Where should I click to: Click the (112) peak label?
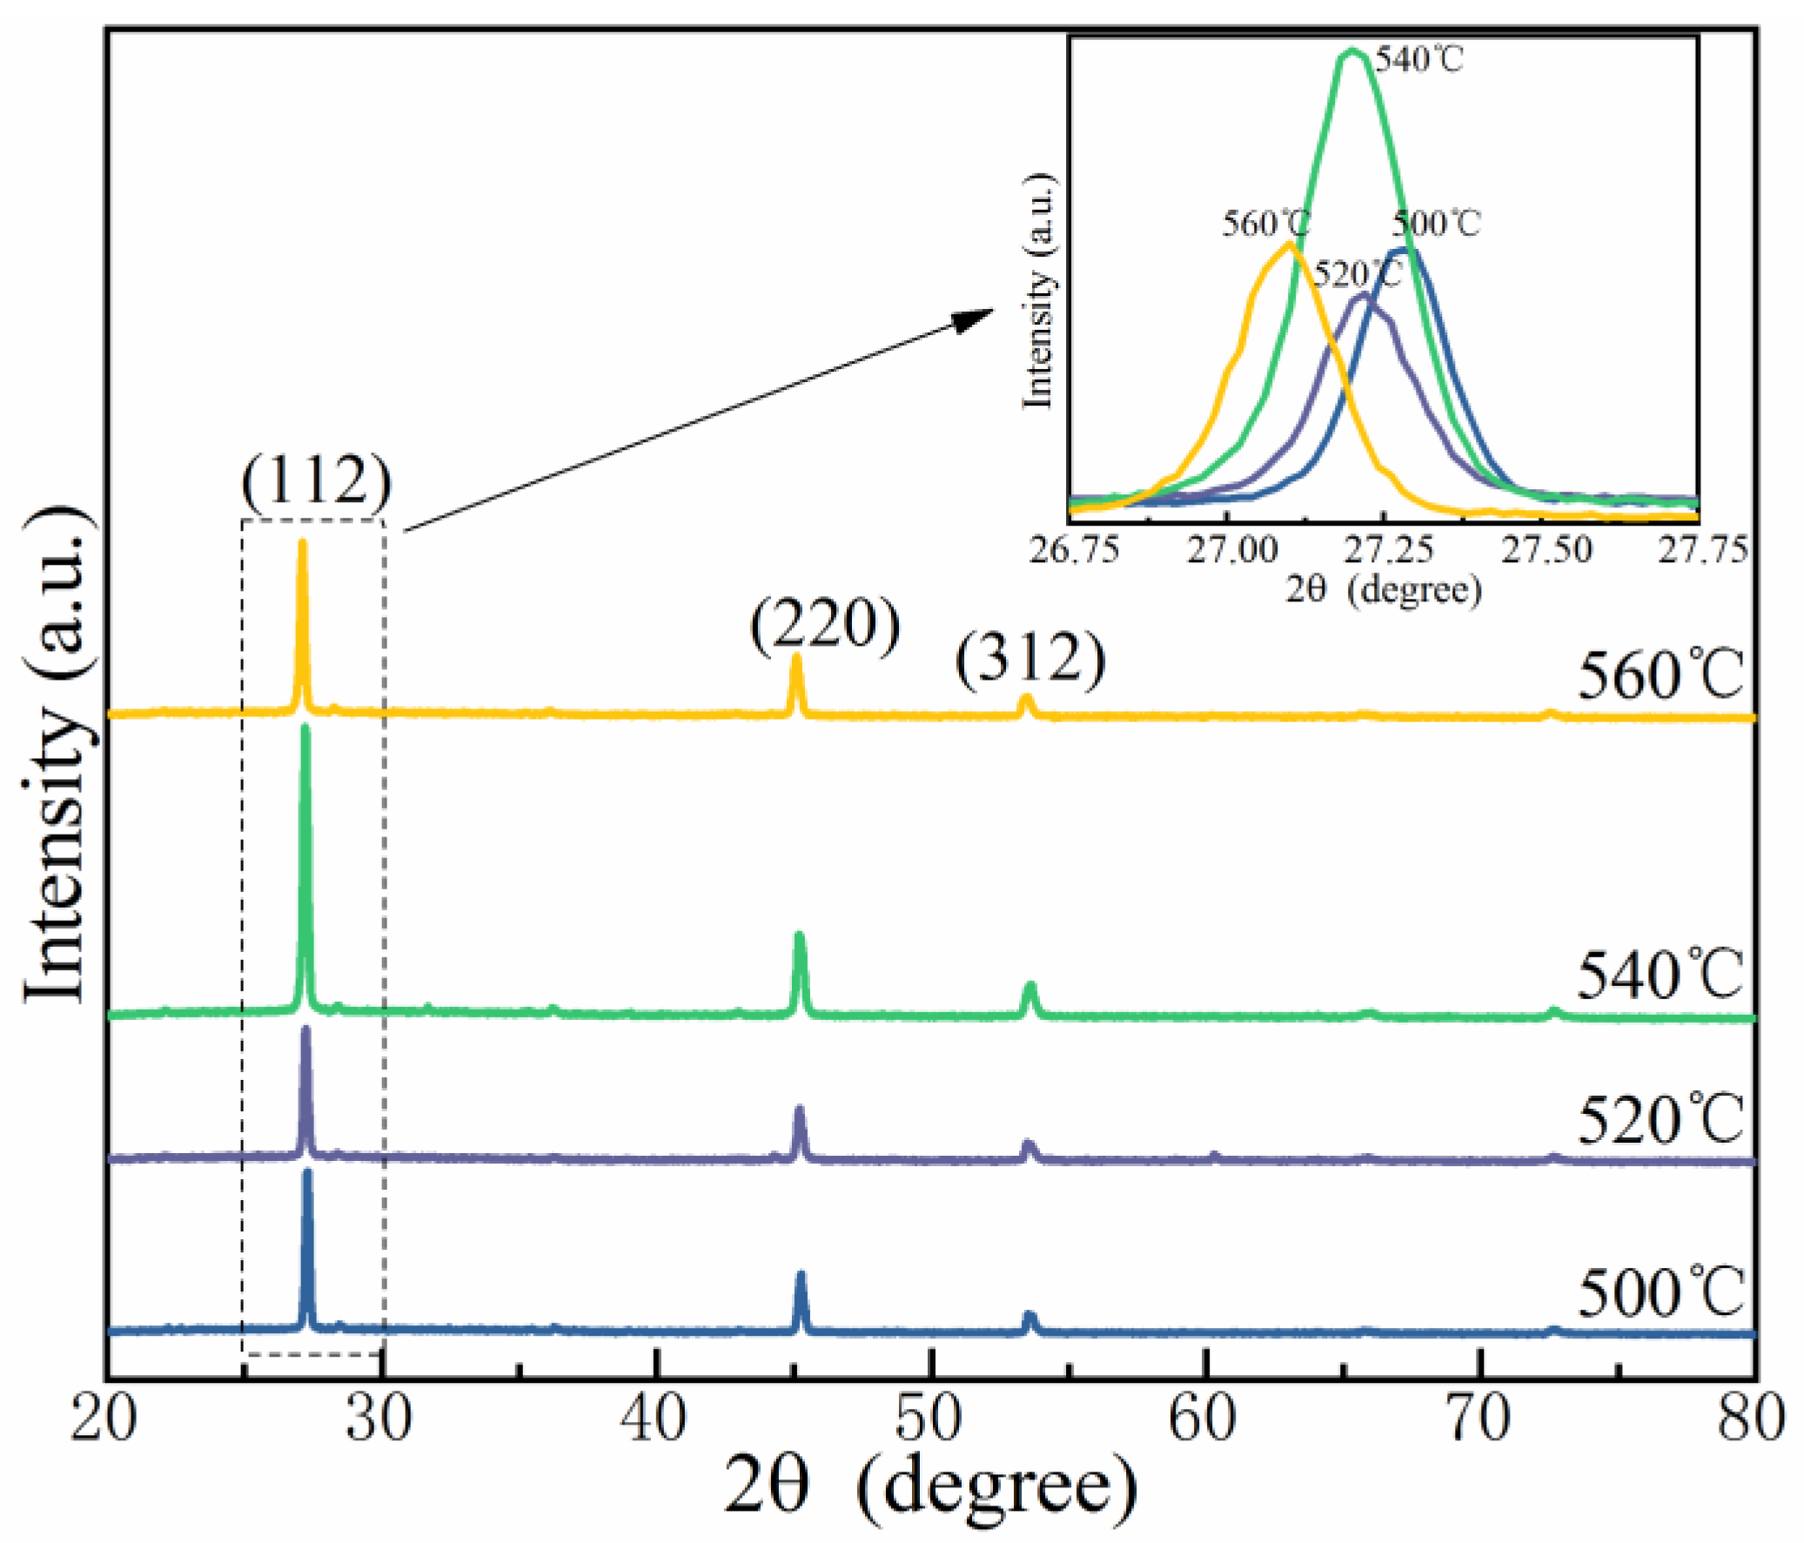pyautogui.click(x=316, y=480)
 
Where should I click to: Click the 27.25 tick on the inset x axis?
pyautogui.click(x=1386, y=550)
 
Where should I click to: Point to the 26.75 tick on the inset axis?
pyautogui.click(x=1075, y=550)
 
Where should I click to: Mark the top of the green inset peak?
pyautogui.click(x=1352, y=50)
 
